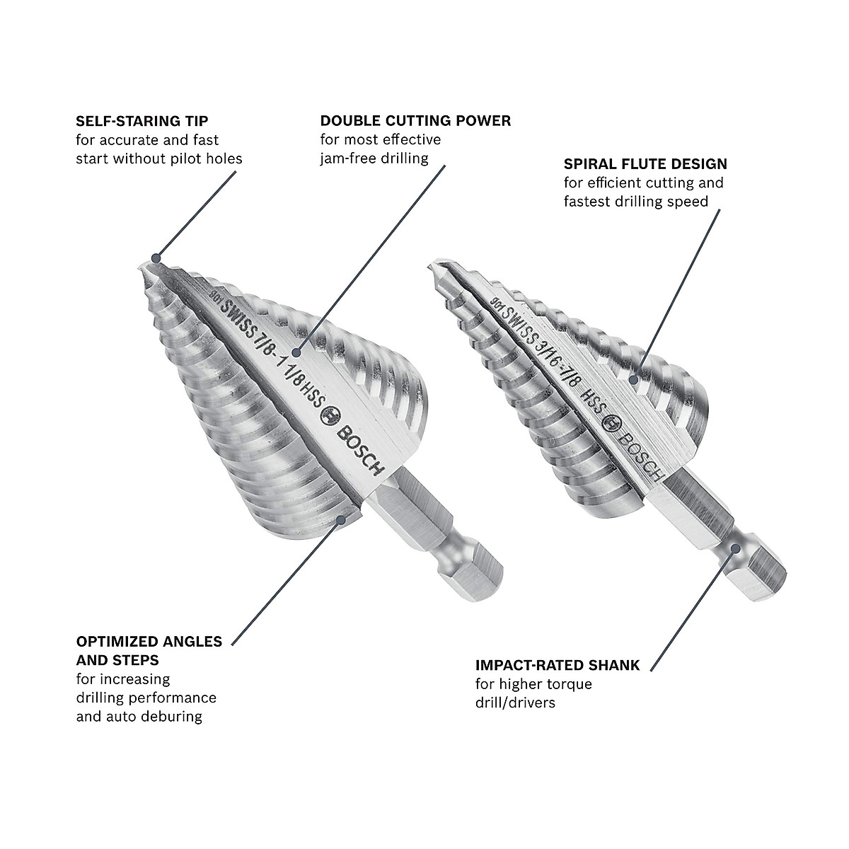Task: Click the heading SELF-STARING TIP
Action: [x=141, y=122]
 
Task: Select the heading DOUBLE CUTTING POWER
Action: [x=415, y=121]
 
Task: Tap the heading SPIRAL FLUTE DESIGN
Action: [x=645, y=164]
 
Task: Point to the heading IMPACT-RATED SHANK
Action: [x=558, y=666]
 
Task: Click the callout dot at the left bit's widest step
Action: [x=343, y=519]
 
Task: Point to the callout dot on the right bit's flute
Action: [x=636, y=380]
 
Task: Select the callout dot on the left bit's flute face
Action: [x=297, y=352]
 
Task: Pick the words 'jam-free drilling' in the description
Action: [x=374, y=158]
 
